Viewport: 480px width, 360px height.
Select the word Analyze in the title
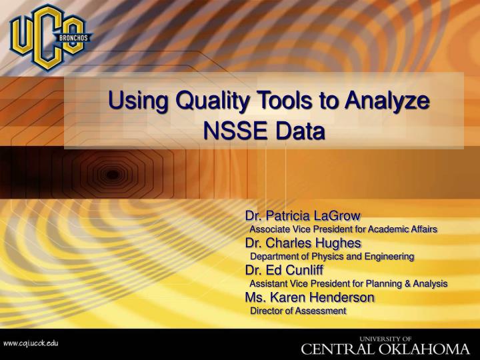coord(383,104)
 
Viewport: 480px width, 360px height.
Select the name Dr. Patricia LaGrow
coord(303,216)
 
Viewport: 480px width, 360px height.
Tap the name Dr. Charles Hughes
coord(303,243)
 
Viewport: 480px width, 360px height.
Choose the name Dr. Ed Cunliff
coord(283,270)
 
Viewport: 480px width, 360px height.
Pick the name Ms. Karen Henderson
coord(309,297)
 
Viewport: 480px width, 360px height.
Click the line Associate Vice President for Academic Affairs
coord(343,229)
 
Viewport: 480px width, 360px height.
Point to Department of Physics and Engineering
coord(331,256)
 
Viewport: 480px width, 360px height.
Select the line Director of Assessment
coord(297,311)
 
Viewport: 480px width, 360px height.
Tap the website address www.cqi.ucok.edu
coord(31,343)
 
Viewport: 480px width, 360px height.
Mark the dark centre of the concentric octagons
coord(114,174)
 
